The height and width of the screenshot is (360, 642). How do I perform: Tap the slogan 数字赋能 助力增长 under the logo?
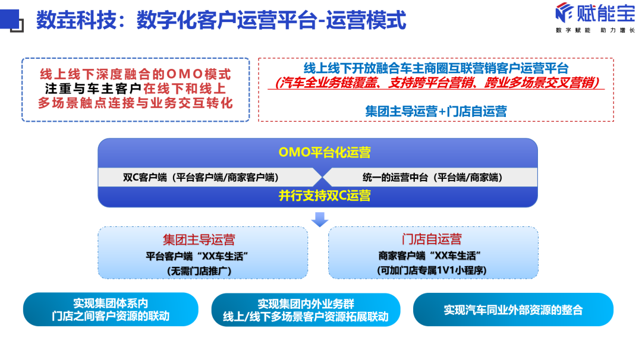pyautogui.click(x=595, y=30)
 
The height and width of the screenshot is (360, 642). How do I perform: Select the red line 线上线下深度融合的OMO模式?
pyautogui.click(x=135, y=75)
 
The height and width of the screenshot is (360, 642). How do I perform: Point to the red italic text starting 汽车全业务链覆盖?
pyautogui.click(x=436, y=83)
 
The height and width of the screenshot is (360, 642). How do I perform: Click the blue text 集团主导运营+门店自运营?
pyautogui.click(x=436, y=110)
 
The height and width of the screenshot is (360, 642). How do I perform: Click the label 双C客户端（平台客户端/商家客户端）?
pyautogui.click(x=201, y=177)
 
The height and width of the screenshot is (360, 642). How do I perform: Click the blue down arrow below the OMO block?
pyautogui.click(x=320, y=219)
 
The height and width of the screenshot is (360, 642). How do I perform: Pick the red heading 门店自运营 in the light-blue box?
pyautogui.click(x=432, y=240)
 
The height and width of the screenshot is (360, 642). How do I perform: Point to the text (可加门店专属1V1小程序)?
pyautogui.click(x=432, y=270)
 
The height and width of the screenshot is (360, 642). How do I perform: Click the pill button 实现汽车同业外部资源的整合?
pyautogui.click(x=513, y=310)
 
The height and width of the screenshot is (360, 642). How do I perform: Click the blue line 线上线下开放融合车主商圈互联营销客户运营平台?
pyautogui.click(x=436, y=68)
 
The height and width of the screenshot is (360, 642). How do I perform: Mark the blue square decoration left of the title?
pyautogui.click(x=10, y=20)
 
